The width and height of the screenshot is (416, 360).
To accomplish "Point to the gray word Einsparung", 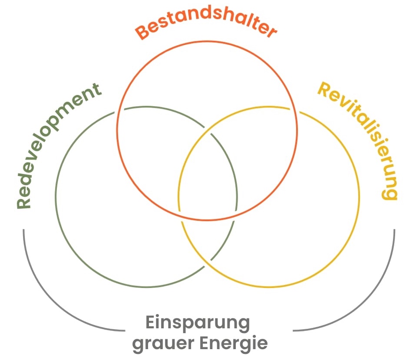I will click(x=198, y=323).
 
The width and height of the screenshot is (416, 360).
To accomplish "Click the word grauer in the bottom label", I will click(x=163, y=344).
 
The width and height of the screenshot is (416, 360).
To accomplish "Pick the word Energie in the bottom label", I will click(x=234, y=344).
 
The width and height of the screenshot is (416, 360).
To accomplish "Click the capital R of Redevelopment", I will click(x=24, y=202).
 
